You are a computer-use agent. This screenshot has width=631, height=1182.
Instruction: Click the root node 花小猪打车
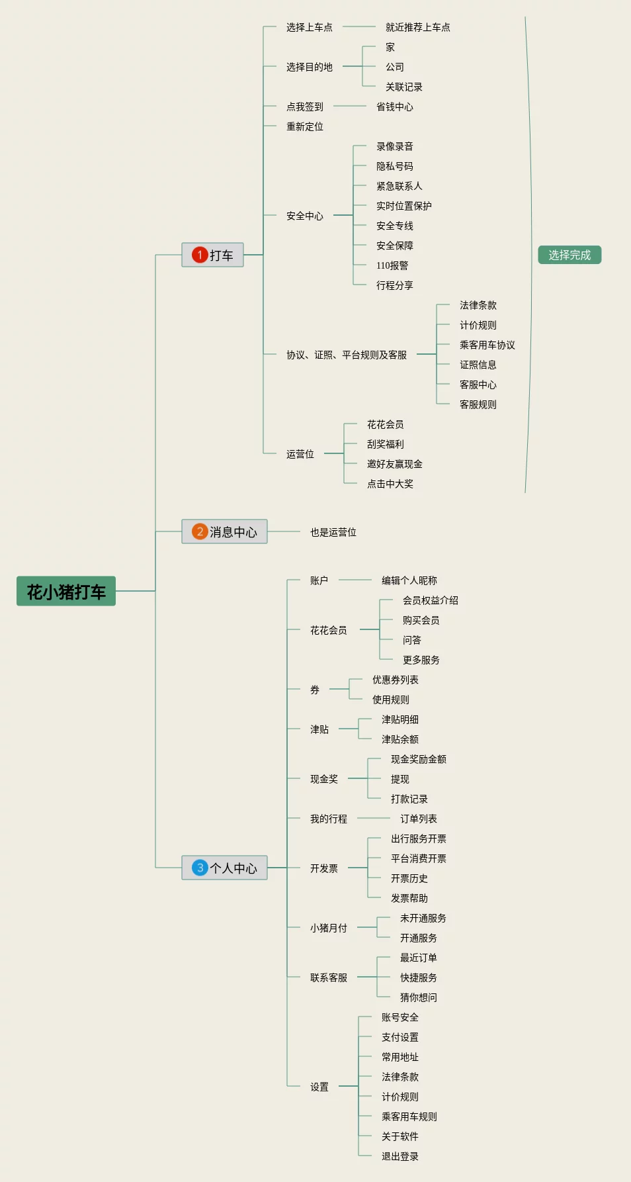click(x=66, y=591)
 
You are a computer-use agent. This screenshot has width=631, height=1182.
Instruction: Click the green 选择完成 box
click(x=569, y=255)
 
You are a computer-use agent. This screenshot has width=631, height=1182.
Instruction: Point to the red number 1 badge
click(x=200, y=255)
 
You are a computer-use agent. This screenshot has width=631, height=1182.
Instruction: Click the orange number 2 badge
click(x=200, y=531)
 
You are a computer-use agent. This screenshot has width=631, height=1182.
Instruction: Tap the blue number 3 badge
click(x=200, y=868)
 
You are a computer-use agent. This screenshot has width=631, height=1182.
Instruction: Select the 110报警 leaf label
click(x=392, y=265)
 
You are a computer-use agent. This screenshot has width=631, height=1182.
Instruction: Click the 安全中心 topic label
click(x=305, y=216)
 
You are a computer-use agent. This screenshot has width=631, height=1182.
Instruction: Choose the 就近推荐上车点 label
click(x=418, y=27)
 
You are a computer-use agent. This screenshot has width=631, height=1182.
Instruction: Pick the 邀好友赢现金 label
click(x=395, y=464)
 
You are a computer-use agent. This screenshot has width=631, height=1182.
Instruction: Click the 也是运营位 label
click(x=333, y=532)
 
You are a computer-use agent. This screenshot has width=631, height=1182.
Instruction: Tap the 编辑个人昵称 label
click(x=409, y=580)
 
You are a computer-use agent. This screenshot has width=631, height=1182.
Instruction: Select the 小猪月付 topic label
click(x=329, y=928)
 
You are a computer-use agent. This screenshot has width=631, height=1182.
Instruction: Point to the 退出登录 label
click(x=400, y=1156)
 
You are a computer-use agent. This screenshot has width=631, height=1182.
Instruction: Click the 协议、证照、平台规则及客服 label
click(x=347, y=355)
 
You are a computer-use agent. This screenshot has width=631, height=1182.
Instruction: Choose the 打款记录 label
click(x=409, y=799)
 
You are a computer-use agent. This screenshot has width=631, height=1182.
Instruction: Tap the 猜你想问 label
click(x=419, y=997)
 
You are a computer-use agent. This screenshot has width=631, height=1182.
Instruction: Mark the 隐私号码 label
click(x=395, y=166)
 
